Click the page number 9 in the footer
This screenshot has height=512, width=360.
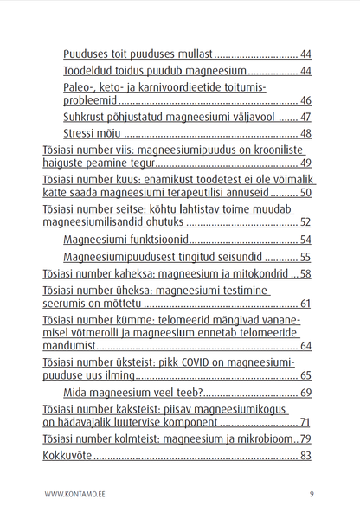point(311,494)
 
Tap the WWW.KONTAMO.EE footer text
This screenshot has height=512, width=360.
point(73,494)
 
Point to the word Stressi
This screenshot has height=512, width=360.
point(81,133)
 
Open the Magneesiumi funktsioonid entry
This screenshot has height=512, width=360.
point(125,240)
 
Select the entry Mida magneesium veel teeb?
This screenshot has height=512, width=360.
point(128,393)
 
